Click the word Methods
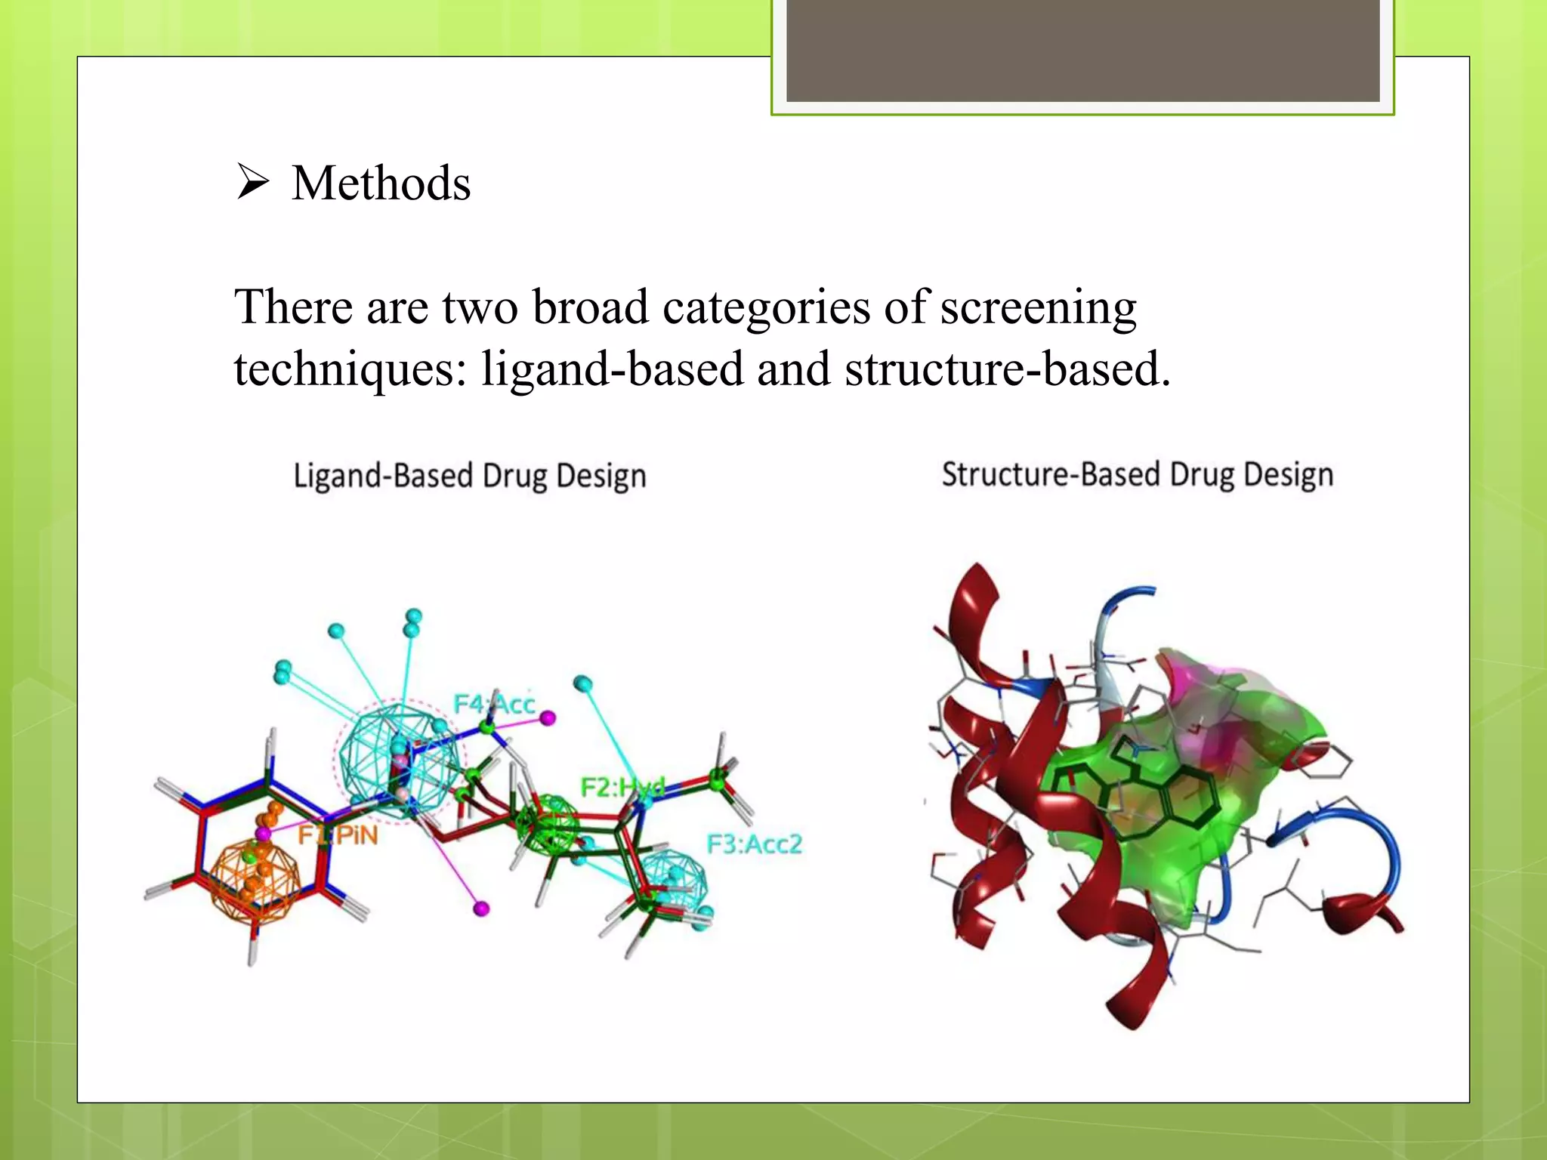pos(381,184)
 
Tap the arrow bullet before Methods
pos(252,182)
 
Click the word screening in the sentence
pos(1038,308)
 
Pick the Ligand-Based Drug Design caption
pos(469,477)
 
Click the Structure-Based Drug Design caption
pos(1137,475)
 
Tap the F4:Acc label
pos(494,704)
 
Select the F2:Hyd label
pos(622,787)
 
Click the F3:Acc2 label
pos(753,844)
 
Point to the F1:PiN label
pos(337,835)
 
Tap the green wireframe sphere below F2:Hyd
pos(549,825)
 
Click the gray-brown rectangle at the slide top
pos(1082,51)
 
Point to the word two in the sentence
pos(480,308)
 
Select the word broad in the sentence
pos(590,308)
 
